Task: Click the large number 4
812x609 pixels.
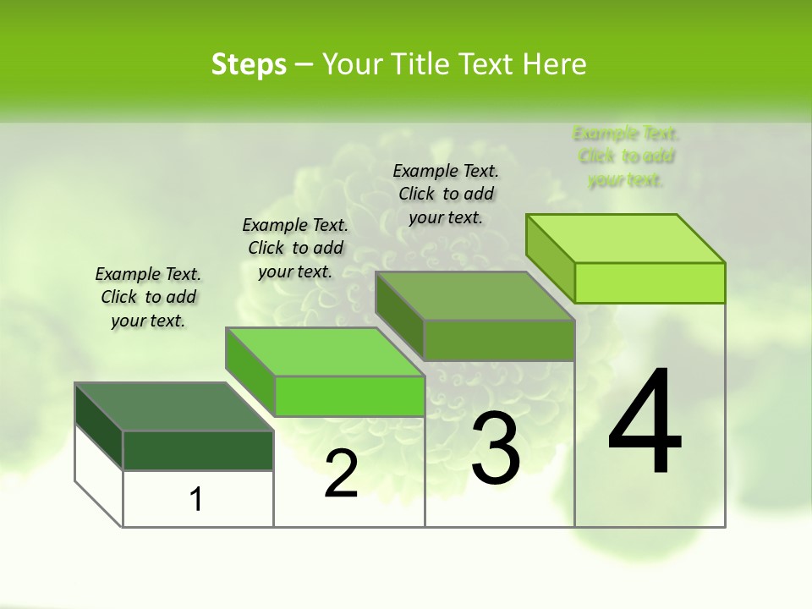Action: point(645,422)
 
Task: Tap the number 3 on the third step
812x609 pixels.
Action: point(495,448)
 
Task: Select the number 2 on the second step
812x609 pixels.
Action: point(342,475)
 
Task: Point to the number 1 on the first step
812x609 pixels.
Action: point(196,500)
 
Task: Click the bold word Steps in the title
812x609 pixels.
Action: point(249,64)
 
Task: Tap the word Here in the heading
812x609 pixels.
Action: point(555,64)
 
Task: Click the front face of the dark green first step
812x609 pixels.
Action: point(198,450)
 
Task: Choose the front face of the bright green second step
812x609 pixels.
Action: point(349,396)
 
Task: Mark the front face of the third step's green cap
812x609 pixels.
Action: point(499,340)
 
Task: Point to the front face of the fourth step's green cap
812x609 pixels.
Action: point(650,283)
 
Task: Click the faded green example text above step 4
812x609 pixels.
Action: point(626,156)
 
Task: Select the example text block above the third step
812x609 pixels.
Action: point(446,194)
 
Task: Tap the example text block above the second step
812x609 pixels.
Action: point(295,248)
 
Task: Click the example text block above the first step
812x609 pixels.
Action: point(148,297)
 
